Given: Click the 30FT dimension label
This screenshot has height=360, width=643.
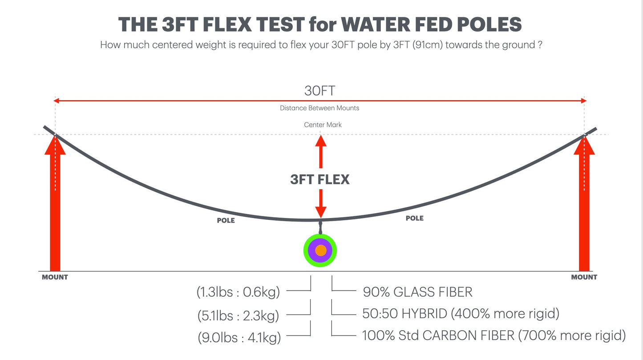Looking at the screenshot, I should click(320, 90).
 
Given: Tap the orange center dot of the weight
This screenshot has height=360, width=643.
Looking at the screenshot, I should click(320, 251).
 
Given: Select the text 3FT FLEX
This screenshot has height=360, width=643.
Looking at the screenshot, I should click(320, 179).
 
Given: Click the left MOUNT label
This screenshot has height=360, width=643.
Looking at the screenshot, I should click(55, 277).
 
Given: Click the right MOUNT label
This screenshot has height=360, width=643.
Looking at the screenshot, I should click(584, 277).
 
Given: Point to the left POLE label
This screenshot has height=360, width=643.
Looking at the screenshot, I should click(226, 220).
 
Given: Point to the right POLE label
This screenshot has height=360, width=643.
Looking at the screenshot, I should click(415, 218).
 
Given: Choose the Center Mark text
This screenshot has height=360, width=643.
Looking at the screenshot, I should click(323, 125).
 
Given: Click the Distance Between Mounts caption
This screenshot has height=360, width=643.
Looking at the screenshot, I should click(319, 108).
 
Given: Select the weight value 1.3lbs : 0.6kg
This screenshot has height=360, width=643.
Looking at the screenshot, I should click(238, 292).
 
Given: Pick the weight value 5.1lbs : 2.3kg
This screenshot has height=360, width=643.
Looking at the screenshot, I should click(238, 316).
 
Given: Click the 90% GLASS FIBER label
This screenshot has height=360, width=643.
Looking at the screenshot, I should click(417, 292).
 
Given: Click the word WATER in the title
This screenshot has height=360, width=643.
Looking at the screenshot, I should click(364, 24).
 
